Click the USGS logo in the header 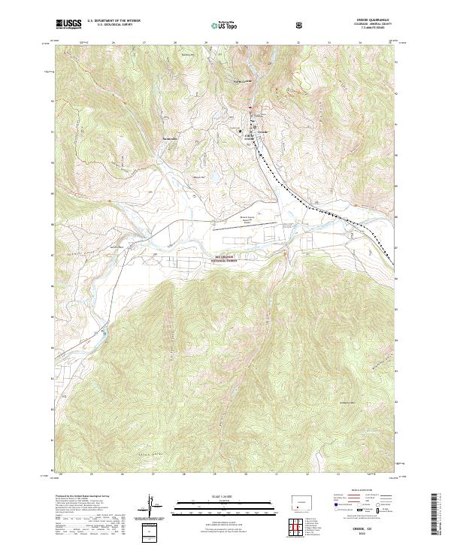coord(68,23)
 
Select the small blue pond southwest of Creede coord(213,178)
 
